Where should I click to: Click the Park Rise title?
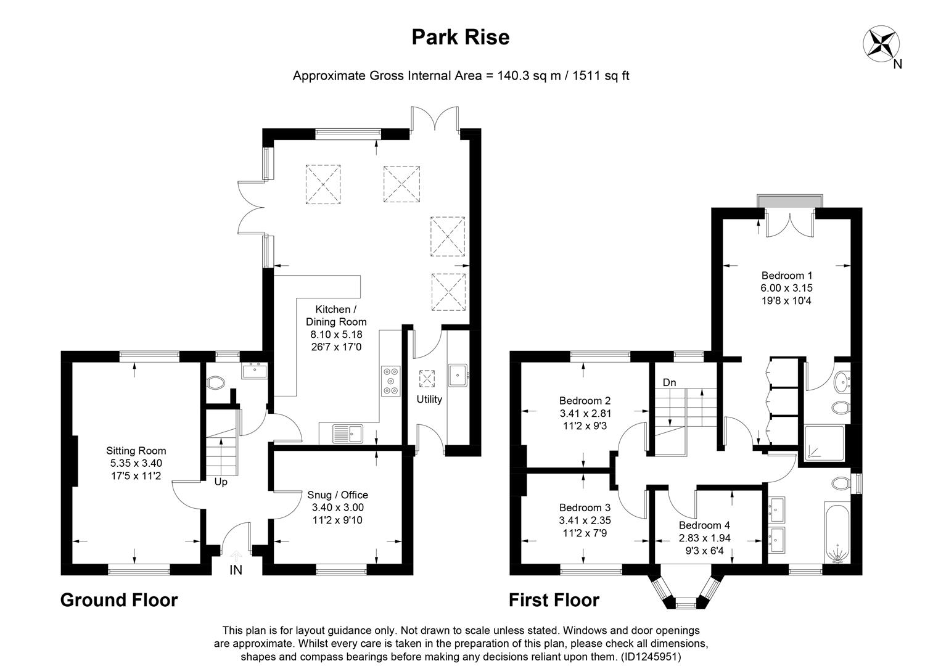(x=460, y=38)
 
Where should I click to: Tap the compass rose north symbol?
(x=880, y=44)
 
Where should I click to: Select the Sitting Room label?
(x=136, y=451)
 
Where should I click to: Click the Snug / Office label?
(x=337, y=495)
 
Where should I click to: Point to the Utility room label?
(x=429, y=399)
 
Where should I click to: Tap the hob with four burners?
(x=390, y=380)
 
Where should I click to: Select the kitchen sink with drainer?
(x=348, y=434)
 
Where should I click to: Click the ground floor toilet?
(x=215, y=383)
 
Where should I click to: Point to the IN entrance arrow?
(x=236, y=557)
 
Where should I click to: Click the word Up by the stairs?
(x=221, y=482)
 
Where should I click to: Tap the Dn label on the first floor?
(x=669, y=382)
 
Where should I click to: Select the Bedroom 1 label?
(x=786, y=276)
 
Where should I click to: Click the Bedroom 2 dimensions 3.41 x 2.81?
(x=585, y=413)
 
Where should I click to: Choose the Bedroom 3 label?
(x=585, y=508)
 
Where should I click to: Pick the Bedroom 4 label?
(x=704, y=525)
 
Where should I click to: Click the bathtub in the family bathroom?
(x=837, y=532)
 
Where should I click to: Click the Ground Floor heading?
(x=119, y=600)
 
